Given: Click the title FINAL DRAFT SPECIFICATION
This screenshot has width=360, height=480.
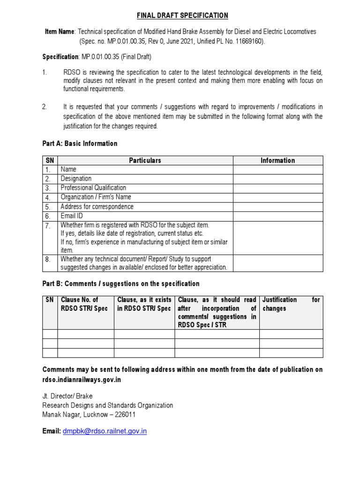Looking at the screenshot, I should click(182, 15).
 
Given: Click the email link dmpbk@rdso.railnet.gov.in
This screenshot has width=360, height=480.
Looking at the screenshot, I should click(105, 431).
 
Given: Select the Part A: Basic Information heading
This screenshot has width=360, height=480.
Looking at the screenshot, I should click(80, 143).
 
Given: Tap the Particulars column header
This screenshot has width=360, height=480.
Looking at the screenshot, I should click(145, 160).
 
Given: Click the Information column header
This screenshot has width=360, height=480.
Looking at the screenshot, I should click(277, 160).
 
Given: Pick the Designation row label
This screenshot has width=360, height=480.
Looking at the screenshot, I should click(76, 179).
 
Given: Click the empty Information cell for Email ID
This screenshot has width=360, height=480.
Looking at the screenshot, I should click(277, 216).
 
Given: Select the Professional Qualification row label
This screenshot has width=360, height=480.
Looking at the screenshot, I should click(93, 188).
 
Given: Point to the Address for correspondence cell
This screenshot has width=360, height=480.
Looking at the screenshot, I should click(97, 207).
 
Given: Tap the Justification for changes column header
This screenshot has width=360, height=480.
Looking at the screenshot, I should click(291, 304).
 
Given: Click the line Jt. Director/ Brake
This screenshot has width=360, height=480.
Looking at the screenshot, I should click(67, 396).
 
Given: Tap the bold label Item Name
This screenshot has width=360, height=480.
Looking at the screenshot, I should click(59, 31).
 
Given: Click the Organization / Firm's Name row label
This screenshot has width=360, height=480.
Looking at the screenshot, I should click(96, 197).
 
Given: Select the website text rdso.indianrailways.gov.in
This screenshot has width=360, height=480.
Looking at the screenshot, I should click(82, 380).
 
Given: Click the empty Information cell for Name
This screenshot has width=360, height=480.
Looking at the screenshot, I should click(277, 169).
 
